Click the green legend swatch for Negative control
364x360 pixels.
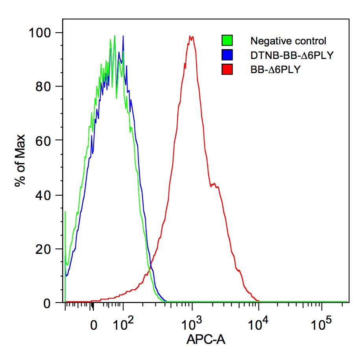click(227, 40)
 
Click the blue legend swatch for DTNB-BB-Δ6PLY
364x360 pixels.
click(227, 55)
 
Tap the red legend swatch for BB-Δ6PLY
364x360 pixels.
click(227, 70)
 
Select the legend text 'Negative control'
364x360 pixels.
click(288, 41)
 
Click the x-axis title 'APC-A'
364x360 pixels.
click(205, 339)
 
